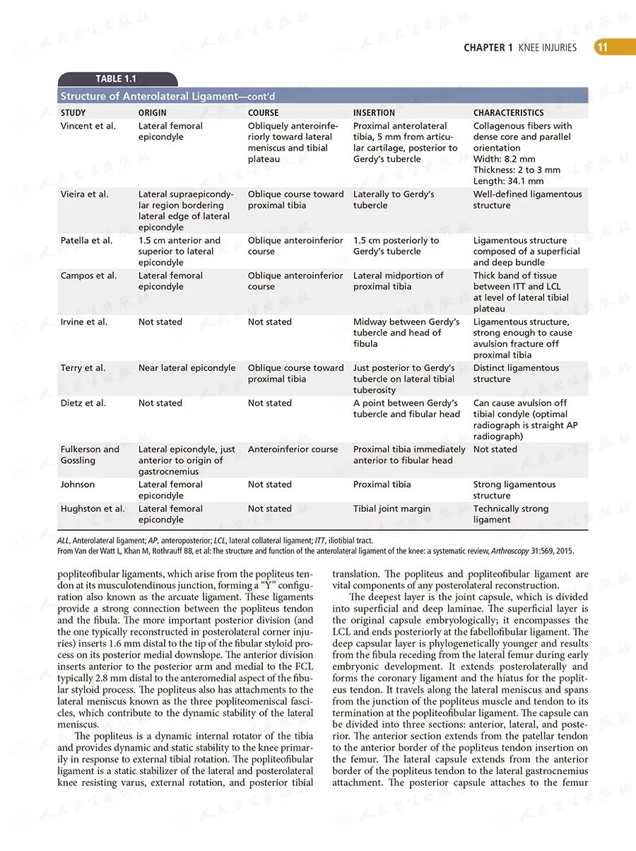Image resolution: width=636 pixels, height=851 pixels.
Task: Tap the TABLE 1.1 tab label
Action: tap(116, 79)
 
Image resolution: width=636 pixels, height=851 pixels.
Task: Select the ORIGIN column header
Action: tap(153, 112)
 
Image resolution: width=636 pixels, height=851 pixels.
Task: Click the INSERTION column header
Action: tap(375, 112)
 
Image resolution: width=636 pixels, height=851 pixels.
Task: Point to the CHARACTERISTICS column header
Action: tap(509, 112)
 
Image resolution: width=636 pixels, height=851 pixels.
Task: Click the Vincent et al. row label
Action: tap(88, 126)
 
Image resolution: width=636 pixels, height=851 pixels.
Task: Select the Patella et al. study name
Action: tap(86, 240)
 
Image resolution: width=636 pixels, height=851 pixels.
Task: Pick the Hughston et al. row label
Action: tap(93, 508)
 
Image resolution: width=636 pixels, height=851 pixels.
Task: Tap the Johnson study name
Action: tap(78, 484)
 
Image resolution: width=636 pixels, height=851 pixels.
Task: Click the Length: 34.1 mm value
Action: tap(509, 181)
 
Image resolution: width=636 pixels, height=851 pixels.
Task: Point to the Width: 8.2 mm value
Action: tap(505, 159)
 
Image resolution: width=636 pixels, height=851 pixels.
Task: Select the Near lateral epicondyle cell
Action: tap(187, 368)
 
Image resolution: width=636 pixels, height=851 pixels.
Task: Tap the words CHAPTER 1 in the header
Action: tap(488, 48)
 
